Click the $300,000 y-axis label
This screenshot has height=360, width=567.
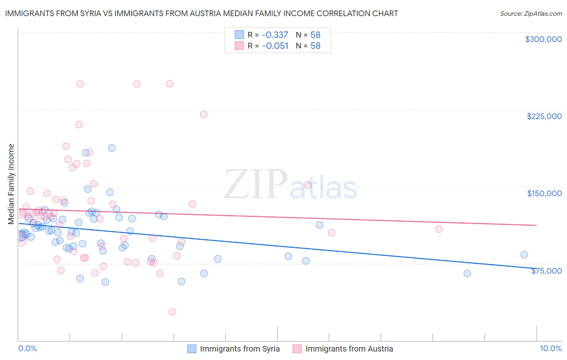(x=543, y=39)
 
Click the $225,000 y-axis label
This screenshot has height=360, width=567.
(x=544, y=116)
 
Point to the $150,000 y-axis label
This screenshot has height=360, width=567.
(x=544, y=193)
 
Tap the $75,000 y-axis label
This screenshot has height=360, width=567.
(x=546, y=271)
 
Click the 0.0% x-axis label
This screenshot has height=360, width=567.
(x=27, y=348)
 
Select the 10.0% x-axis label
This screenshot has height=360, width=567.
(x=550, y=348)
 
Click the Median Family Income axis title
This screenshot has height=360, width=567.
(x=11, y=184)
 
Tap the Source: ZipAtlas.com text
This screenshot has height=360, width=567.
(x=531, y=13)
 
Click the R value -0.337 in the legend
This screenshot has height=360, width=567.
(x=275, y=35)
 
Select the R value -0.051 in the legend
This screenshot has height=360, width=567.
(x=275, y=46)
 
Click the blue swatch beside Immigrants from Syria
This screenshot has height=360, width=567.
(x=192, y=349)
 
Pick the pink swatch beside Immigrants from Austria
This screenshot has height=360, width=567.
(x=297, y=349)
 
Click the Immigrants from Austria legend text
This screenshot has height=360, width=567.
(x=349, y=349)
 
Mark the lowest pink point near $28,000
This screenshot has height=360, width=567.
(x=172, y=312)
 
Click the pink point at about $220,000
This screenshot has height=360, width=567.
(x=204, y=115)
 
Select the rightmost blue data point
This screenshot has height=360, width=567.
(x=524, y=255)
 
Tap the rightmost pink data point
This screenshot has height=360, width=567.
(x=439, y=229)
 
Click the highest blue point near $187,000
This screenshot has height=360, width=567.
(x=112, y=148)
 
